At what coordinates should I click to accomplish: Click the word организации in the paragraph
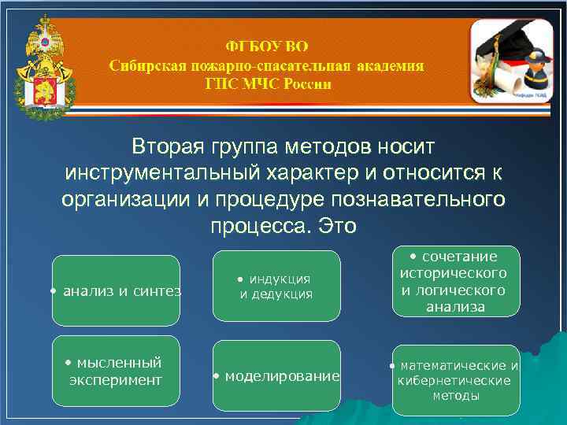[127, 199]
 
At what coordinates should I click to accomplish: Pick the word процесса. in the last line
[260, 226]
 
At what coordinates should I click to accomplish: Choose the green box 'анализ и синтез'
[116, 290]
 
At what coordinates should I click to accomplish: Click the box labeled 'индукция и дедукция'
[276, 286]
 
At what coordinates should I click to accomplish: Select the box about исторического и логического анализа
[456, 281]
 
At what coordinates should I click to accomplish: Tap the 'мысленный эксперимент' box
[116, 371]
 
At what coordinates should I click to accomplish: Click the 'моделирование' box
[276, 375]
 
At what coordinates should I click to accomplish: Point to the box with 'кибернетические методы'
[456, 380]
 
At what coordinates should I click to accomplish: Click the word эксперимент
[116, 380]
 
